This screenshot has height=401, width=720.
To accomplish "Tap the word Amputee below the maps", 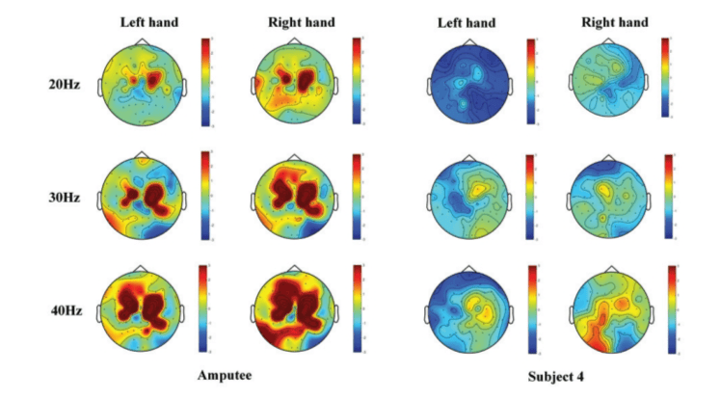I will pos(226,375).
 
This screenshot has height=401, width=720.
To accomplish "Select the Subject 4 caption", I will pos(555,375).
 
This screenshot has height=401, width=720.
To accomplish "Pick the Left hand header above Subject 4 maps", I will pos(466,22).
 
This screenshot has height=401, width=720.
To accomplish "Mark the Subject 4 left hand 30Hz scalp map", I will pos(467,197).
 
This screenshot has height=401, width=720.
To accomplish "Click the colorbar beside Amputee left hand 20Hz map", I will pos(205,82).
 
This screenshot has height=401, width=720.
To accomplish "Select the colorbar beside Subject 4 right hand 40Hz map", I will pos(671,307).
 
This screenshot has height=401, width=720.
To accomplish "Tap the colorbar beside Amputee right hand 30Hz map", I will pos(358,196).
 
